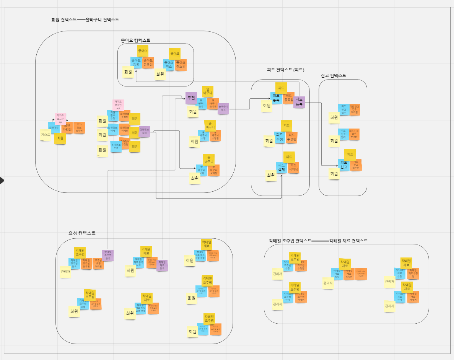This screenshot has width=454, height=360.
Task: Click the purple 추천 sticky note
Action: [191, 98]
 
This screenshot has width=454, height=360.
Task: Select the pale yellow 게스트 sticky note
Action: [45, 135]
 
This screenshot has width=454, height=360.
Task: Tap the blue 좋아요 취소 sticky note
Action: [168, 64]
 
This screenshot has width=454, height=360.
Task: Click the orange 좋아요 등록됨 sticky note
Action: [148, 62]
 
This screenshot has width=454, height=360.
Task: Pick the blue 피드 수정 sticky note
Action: [280, 137]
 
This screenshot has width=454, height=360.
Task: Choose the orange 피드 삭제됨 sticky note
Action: [293, 167]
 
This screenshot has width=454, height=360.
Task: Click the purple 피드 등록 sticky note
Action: [299, 102]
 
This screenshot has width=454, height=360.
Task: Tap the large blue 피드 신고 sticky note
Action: [343, 165]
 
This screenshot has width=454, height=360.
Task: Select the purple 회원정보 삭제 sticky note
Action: [144, 131]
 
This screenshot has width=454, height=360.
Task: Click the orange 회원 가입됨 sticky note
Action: [68, 128]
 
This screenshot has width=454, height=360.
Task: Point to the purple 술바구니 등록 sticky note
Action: [223, 108]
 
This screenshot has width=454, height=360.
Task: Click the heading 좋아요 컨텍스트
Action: [135, 40]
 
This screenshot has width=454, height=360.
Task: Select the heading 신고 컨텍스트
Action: [333, 75]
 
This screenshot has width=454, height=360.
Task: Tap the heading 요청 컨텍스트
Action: [82, 233]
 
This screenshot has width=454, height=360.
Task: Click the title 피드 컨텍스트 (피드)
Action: [285, 70]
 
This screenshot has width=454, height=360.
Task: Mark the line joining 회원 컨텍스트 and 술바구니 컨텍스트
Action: [81, 20]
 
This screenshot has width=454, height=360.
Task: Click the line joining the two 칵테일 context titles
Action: [320, 241]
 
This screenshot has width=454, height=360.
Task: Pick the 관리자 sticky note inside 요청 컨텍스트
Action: [65, 272]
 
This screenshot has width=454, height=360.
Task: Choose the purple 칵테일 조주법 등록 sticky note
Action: [108, 255]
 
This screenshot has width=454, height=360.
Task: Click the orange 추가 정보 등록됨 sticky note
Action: [79, 128]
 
